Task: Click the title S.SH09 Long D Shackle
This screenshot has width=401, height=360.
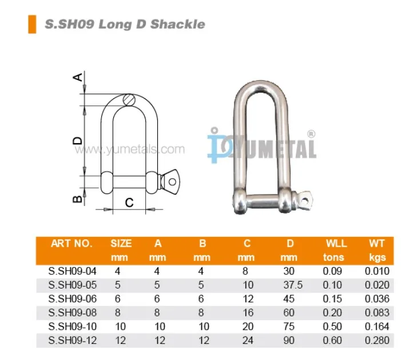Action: tap(124, 24)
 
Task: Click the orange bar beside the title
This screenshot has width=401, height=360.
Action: tap(32, 25)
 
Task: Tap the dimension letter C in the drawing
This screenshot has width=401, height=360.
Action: tap(129, 201)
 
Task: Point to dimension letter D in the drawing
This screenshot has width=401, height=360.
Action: tap(78, 139)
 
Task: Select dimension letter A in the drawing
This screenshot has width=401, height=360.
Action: tap(78, 77)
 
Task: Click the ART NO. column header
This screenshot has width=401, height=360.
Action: tap(71, 243)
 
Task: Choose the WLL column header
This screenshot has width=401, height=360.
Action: tap(334, 243)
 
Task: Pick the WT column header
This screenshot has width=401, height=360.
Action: tap(376, 243)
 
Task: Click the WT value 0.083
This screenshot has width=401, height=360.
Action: tap(376, 312)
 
